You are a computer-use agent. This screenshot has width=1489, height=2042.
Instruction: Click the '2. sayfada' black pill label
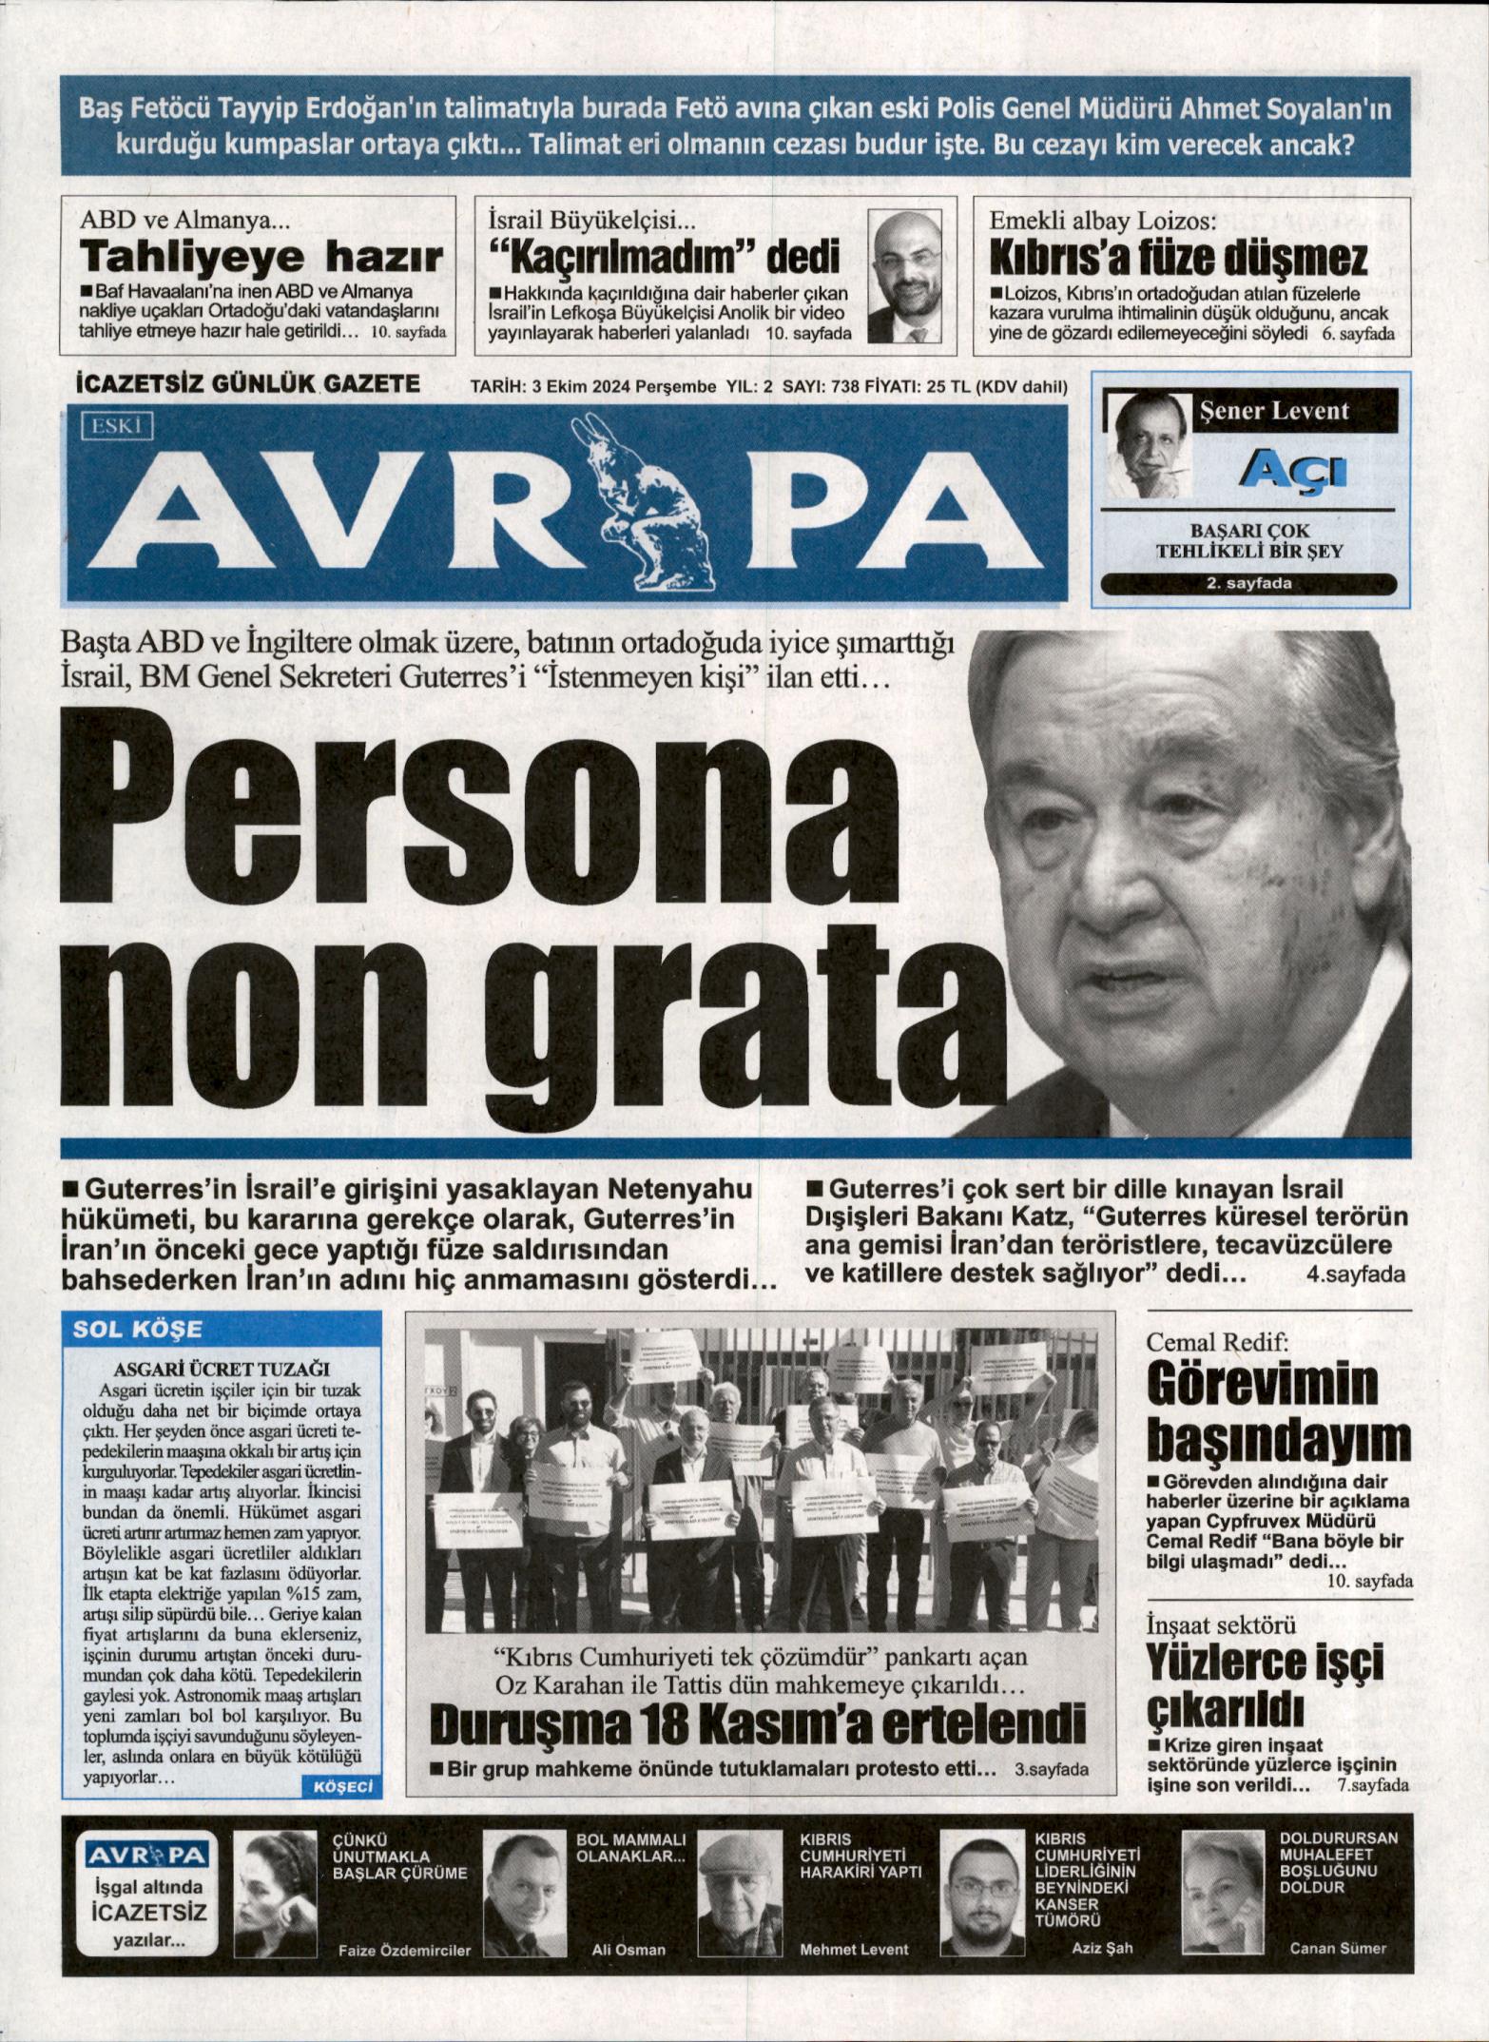(x=1248, y=584)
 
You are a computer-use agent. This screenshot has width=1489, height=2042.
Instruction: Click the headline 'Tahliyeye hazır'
(x=261, y=258)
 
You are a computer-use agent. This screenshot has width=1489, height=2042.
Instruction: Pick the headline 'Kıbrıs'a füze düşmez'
(x=1178, y=259)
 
